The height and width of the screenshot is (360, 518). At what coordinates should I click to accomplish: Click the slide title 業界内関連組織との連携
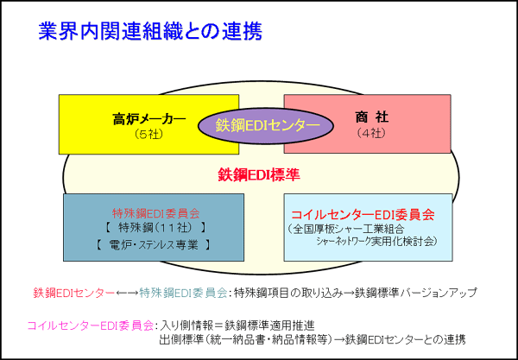[150, 32]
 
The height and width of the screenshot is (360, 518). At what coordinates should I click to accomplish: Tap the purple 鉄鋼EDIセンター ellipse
[266, 126]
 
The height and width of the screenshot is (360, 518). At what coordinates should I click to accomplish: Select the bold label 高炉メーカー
[149, 119]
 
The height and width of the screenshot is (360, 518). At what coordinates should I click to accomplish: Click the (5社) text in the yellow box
[149, 135]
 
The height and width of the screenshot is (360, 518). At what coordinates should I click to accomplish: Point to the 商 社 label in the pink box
[371, 117]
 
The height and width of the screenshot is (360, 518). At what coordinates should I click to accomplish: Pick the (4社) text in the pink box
[371, 133]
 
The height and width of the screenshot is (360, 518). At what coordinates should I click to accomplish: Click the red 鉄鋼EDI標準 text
[259, 174]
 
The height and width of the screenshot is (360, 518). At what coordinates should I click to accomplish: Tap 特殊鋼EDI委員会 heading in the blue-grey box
[156, 213]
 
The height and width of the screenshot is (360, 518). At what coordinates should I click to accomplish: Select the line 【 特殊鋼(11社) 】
[154, 228]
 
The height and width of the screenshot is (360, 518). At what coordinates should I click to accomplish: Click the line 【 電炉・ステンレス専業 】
[154, 244]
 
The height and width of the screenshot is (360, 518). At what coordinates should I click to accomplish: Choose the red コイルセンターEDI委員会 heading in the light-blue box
[363, 215]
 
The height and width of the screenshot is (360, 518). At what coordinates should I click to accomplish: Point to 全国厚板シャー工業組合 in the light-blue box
[345, 229]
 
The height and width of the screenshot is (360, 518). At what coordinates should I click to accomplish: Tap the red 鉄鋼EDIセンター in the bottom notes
[73, 293]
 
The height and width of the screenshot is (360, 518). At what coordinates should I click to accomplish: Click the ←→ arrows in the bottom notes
[127, 293]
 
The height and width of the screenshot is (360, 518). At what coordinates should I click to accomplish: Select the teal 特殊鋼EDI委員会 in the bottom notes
[183, 293]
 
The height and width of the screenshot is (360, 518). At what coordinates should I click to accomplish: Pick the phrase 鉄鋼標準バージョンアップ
[416, 293]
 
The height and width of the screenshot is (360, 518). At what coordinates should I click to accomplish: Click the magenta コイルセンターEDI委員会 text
[90, 326]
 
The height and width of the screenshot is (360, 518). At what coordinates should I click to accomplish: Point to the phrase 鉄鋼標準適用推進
[269, 326]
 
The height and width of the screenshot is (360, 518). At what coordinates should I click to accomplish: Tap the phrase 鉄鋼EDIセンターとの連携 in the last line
[406, 340]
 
